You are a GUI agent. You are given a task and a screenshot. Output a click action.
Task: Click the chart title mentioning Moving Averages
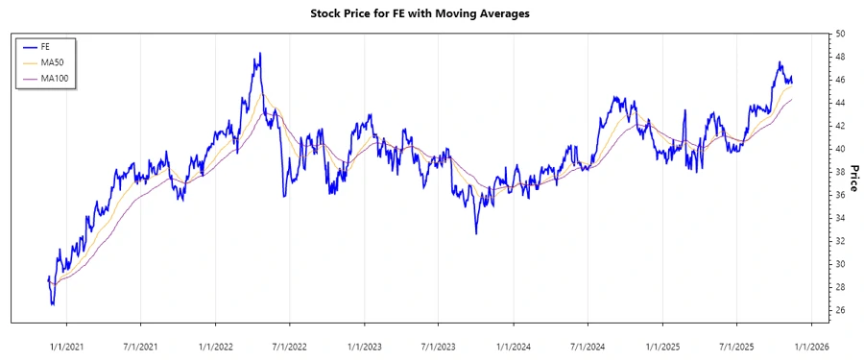(x=433, y=13)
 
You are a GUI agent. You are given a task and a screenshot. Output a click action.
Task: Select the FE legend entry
(x=45, y=46)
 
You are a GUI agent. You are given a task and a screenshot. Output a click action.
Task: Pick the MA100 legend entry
(x=53, y=77)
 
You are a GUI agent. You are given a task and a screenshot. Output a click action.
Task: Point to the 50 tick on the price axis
(x=840, y=34)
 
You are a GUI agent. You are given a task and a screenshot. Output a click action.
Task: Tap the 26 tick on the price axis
(x=840, y=310)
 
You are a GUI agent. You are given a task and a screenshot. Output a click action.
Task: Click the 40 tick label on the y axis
(x=840, y=149)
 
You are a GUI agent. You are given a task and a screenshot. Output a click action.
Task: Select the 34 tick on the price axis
(x=840, y=218)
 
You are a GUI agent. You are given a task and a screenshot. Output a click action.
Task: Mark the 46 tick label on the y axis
(x=840, y=80)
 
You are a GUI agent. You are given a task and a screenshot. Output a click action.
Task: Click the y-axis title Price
(x=853, y=172)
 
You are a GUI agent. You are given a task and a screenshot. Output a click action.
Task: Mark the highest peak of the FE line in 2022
(x=260, y=54)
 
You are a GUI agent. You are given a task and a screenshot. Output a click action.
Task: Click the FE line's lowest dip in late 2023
(x=475, y=232)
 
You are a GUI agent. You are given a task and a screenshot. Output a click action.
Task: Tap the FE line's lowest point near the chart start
(x=52, y=304)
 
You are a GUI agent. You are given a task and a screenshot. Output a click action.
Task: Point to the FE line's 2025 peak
(x=780, y=62)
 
